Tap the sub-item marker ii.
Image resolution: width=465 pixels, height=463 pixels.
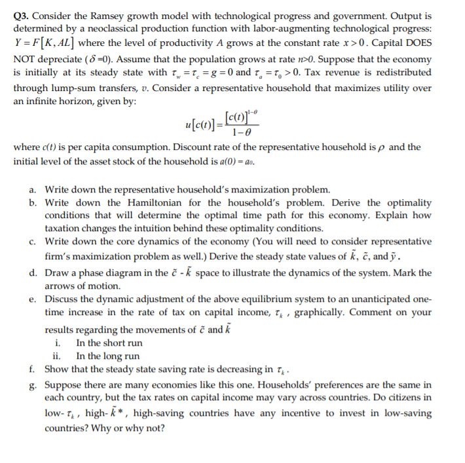pyautogui.click(x=57, y=356)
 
